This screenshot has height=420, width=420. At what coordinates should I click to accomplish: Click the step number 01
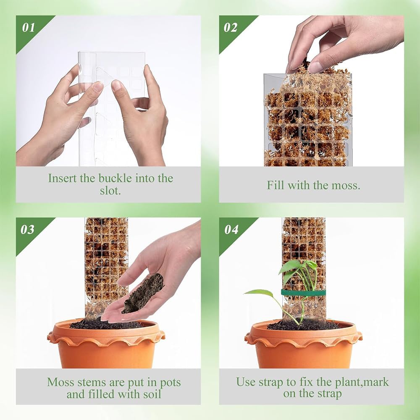(x=29, y=28)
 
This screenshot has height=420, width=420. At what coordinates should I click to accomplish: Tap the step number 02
(x=231, y=28)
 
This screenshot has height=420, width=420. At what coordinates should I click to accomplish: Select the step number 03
(x=28, y=230)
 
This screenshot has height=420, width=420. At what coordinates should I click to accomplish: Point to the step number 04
(x=231, y=230)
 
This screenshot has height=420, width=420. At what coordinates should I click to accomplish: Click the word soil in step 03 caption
(x=151, y=394)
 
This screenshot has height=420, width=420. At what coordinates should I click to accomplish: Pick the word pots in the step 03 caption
(x=171, y=383)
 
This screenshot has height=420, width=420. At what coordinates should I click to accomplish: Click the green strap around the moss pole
(x=303, y=292)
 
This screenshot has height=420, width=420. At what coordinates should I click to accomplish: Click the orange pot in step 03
(x=106, y=344)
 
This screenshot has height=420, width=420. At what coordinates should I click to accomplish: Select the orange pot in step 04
(x=303, y=344)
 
